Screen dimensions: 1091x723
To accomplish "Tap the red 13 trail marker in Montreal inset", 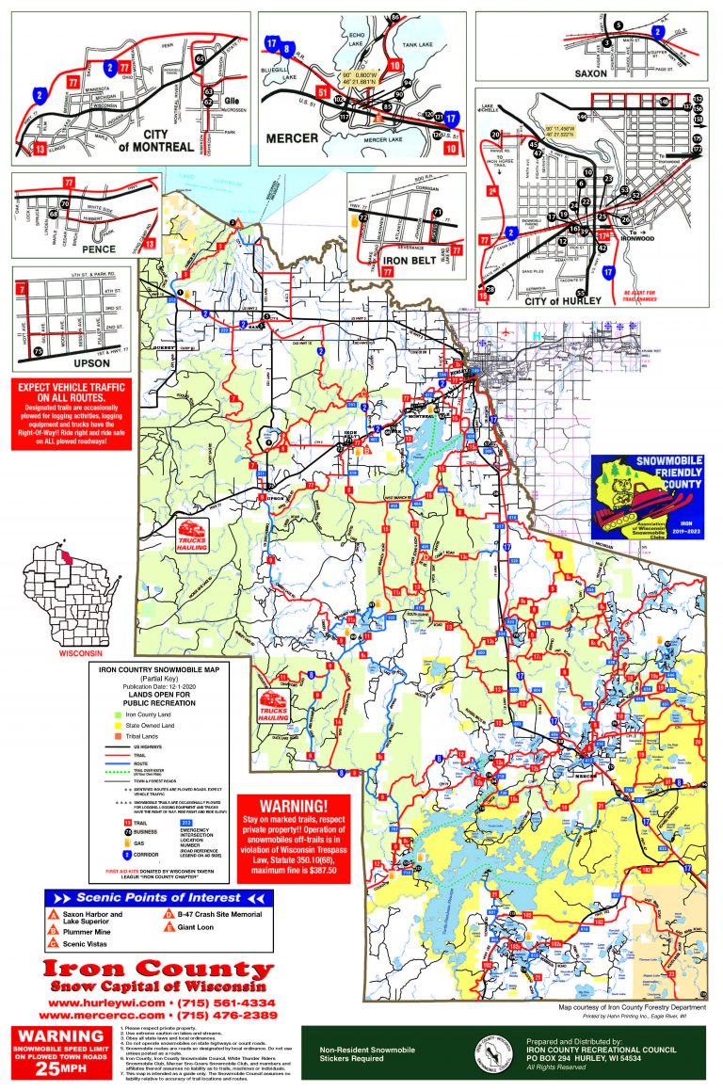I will click(x=40, y=148).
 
